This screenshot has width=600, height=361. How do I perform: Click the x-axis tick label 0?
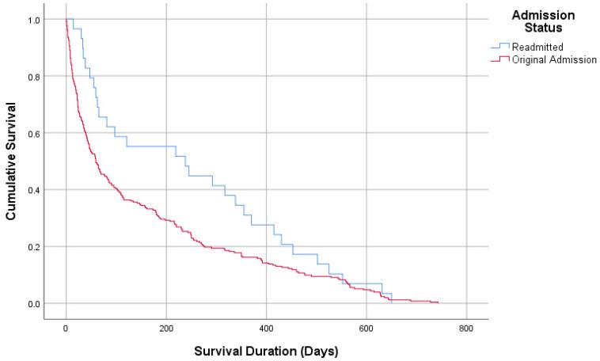click(x=66, y=329)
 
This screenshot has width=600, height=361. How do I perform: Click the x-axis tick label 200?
click(x=166, y=329)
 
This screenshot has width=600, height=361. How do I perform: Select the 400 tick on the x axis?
click(x=267, y=329)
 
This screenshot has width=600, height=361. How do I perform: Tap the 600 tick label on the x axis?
click(x=366, y=329)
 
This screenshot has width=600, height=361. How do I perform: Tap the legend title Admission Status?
click(x=542, y=21)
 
